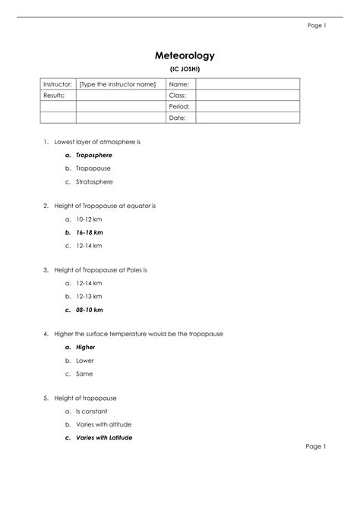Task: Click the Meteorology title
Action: [x=185, y=55]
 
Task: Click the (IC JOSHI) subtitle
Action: [x=185, y=69]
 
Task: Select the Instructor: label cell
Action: [x=58, y=83]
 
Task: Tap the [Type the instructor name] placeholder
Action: [x=117, y=83]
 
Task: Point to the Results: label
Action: [x=54, y=95]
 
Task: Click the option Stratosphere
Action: [x=94, y=182]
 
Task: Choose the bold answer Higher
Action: [x=85, y=346]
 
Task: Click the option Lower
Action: [x=84, y=360]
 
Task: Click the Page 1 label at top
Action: [x=316, y=25]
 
